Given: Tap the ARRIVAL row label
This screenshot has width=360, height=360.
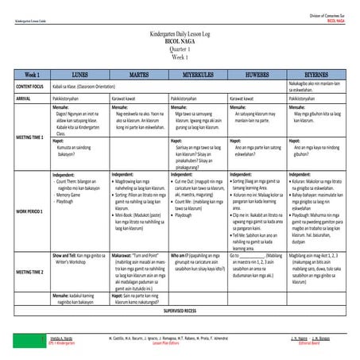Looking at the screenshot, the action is [22, 97].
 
